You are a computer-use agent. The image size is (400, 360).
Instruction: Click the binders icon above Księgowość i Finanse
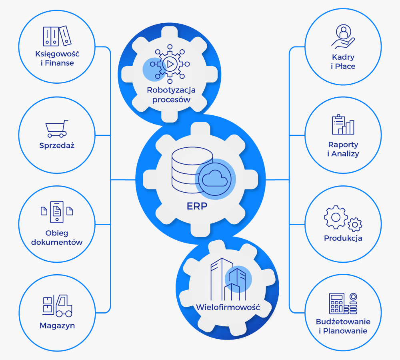57,36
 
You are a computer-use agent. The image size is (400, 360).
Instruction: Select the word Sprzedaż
57,145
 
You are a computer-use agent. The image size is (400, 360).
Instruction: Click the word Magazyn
57,326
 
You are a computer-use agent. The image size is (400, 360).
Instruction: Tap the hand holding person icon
343,36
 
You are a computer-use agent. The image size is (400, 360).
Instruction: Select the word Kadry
343,57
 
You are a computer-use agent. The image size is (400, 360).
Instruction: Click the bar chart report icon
343,125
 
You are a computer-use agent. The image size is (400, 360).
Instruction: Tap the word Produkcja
343,238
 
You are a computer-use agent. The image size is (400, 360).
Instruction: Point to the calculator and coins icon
343,303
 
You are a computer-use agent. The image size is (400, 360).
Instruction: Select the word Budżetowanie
343,322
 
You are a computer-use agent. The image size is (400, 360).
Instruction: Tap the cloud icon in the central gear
215,178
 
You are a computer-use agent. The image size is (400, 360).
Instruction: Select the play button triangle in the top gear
171,64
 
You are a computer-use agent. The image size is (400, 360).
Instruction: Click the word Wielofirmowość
228,308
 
